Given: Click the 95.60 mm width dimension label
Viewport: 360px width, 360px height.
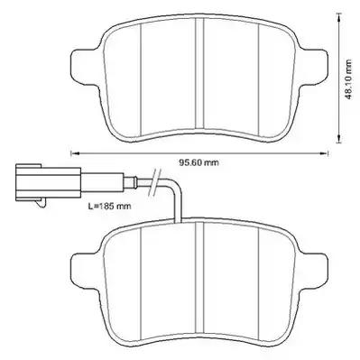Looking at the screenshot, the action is pyautogui.click(x=198, y=162).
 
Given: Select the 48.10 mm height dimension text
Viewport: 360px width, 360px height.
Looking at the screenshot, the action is pyautogui.click(x=348, y=79).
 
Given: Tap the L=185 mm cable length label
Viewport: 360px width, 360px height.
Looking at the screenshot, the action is pyautogui.click(x=109, y=207).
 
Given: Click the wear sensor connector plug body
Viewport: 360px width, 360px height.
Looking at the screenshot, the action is pyautogui.click(x=49, y=182).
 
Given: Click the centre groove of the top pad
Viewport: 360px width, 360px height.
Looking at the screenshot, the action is pyautogui.click(x=199, y=73).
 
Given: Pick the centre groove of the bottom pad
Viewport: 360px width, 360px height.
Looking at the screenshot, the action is pyautogui.click(x=199, y=277).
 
